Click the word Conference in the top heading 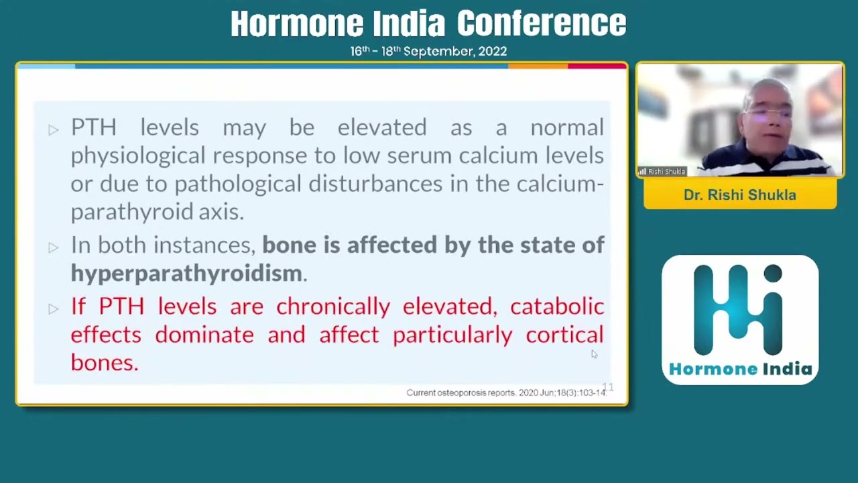coord(541,23)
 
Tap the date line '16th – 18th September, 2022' coord(428,51)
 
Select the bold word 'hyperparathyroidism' coord(186,274)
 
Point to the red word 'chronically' coord(333,307)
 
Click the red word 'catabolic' coord(557,307)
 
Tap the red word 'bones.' coord(105,363)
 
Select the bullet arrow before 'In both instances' coord(54,248)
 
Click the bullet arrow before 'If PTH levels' coord(54,309)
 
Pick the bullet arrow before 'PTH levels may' coord(54,130)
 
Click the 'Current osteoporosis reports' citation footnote coord(506,392)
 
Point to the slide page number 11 coord(608,387)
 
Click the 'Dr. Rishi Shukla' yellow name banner coord(740,195)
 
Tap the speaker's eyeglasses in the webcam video coord(768,113)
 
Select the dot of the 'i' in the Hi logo coord(773,273)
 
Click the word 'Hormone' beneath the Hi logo coord(713,370)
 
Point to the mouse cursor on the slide coord(594,354)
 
